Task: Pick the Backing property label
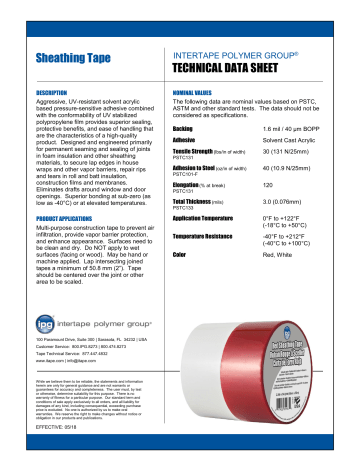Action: (183, 129)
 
